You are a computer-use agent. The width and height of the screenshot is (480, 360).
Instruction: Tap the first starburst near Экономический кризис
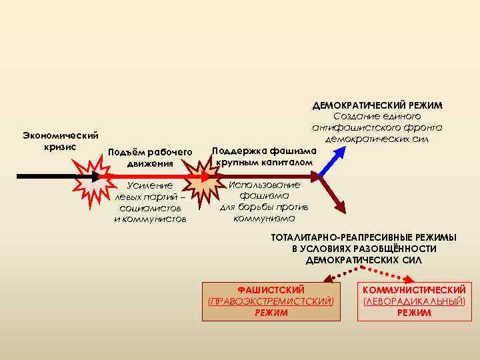(89, 177)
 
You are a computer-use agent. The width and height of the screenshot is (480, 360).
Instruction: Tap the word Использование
(265, 185)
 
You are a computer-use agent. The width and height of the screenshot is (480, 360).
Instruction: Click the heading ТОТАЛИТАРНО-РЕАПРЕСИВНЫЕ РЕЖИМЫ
(363, 238)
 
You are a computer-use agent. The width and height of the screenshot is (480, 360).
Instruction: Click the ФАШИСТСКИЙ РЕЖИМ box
(271, 301)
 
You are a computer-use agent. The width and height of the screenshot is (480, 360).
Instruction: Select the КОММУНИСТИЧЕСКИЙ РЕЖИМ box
(413, 301)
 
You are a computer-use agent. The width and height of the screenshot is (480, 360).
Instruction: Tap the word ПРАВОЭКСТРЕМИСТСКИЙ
(271, 301)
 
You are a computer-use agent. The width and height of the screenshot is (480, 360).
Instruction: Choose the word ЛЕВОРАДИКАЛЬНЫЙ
(413, 301)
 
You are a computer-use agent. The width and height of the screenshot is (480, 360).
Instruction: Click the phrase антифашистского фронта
(377, 128)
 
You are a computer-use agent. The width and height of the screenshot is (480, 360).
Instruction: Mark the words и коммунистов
(151, 219)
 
